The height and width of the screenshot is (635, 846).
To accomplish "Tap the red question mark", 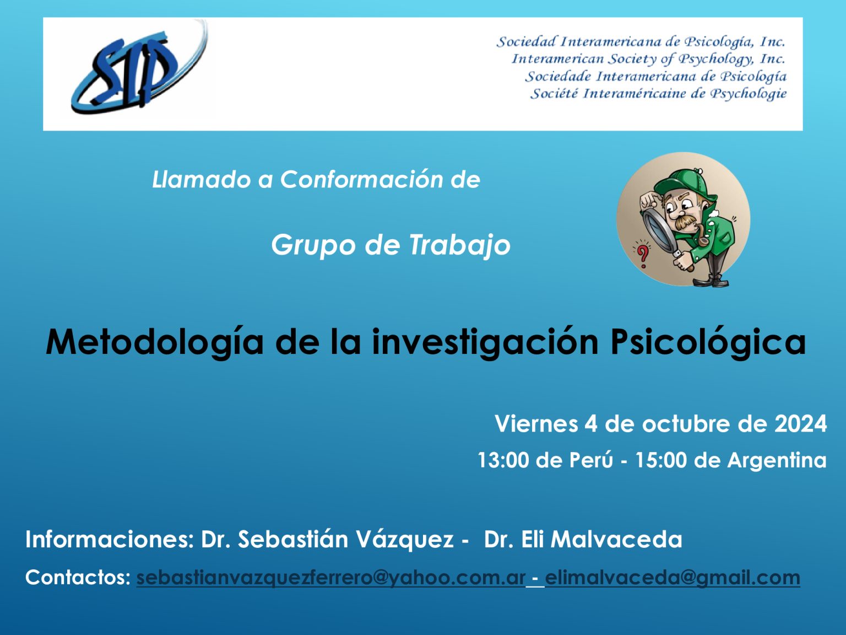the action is click(x=643, y=255).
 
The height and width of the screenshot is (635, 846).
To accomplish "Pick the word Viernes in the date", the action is click(x=536, y=424).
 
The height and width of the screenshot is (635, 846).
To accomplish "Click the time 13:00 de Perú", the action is click(x=545, y=460).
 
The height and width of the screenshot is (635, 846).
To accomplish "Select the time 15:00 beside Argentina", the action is click(x=660, y=460).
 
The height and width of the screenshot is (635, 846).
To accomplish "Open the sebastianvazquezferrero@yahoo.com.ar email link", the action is click(x=331, y=578).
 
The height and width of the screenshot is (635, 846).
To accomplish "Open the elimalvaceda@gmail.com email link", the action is click(x=673, y=578).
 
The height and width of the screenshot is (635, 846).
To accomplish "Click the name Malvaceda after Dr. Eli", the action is click(x=616, y=539).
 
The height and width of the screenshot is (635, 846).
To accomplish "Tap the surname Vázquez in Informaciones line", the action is click(x=404, y=539).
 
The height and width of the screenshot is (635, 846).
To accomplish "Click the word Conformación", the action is click(x=361, y=179).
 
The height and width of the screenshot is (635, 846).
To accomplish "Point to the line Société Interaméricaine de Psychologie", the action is click(x=658, y=94).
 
